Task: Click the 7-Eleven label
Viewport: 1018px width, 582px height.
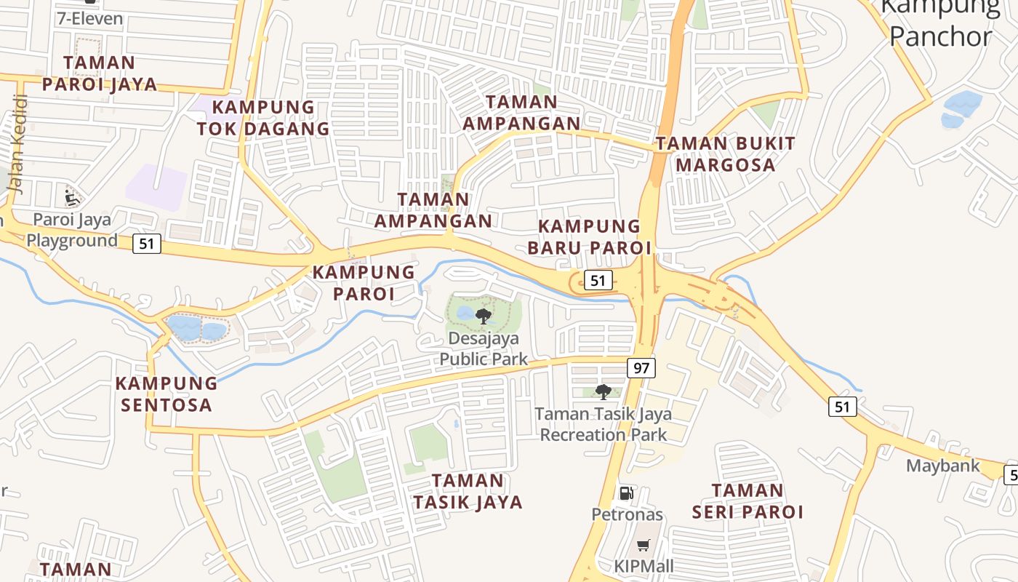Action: [x=89, y=18]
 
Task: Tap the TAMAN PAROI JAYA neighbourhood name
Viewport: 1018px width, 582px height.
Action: [x=100, y=73]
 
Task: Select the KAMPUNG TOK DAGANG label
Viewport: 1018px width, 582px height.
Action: [x=263, y=118]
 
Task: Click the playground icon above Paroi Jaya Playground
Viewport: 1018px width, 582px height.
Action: [x=71, y=196]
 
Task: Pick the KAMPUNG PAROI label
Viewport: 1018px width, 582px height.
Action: [x=364, y=283]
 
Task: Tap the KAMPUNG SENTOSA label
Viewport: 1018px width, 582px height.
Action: [x=167, y=394]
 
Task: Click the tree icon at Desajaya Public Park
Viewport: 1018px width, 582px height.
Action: [x=483, y=316]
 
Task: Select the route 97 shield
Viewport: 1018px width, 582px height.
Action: [x=641, y=368]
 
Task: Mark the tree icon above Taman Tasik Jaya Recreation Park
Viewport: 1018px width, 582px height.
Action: [x=603, y=392]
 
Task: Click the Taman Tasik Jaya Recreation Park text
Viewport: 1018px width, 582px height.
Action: [x=604, y=424]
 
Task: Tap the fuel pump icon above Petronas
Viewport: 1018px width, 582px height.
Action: [x=626, y=493]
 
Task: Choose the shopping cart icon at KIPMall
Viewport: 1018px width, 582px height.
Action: [x=643, y=545]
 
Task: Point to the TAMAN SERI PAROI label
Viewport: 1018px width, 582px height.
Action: [x=748, y=501]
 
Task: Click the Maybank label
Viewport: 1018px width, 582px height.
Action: [x=943, y=466]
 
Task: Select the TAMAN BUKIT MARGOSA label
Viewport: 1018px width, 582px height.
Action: [x=726, y=154]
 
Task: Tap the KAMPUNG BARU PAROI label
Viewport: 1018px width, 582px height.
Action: [x=589, y=237]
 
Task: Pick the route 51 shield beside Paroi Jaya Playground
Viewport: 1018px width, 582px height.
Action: [x=147, y=244]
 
